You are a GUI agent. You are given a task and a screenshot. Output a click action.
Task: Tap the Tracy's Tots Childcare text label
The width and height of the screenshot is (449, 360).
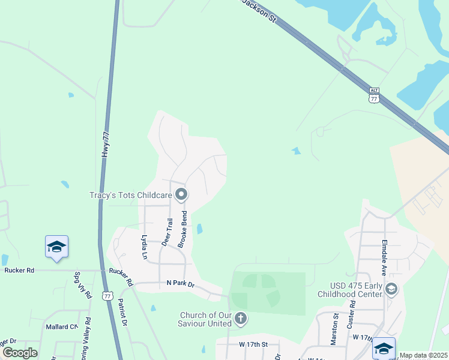pos(130,195)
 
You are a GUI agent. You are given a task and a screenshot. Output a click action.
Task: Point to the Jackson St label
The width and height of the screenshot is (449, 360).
pos(259,11)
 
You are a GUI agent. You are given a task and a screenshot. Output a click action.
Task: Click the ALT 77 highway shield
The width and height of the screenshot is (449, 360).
pos(375,95)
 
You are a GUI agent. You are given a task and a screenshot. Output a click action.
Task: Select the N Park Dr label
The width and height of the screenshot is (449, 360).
pos(181,283)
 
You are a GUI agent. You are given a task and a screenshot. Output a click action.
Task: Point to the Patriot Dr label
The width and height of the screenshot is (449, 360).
pos(123,312)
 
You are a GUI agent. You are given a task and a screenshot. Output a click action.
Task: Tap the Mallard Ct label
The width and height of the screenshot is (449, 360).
pos(62,327)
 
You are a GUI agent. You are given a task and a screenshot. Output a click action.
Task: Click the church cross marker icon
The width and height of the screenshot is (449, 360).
pos(240,318)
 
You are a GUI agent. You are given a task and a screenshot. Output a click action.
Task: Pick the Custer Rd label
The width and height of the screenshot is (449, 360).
pos(352,314)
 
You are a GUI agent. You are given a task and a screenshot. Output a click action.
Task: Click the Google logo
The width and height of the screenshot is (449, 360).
pos(20,353)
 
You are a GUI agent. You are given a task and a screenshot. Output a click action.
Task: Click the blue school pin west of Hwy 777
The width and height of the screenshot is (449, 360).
pos(56,247)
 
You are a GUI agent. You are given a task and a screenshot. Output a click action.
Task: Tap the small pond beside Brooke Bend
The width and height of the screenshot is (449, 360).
pos(199,229)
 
